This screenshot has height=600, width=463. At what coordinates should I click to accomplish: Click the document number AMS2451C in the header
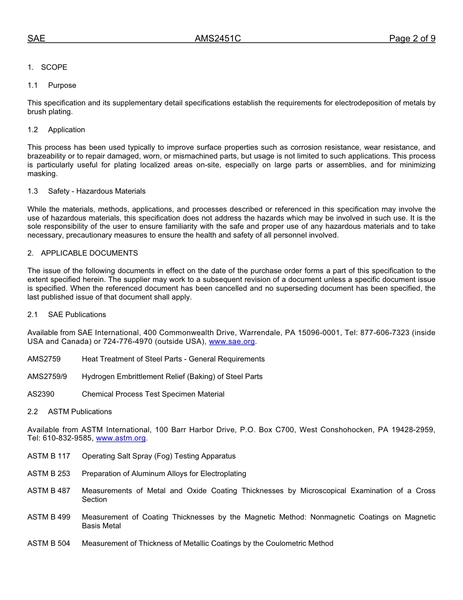point(218,39)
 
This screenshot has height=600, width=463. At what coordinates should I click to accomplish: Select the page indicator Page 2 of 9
point(412,39)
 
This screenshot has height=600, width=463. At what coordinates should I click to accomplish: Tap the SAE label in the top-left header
point(36,39)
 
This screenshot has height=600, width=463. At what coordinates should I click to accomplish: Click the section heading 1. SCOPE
point(47,67)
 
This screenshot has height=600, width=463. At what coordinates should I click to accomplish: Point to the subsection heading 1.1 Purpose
point(52,85)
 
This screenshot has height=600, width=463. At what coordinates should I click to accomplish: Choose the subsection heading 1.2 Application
point(57,130)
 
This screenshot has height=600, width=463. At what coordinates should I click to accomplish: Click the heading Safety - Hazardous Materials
point(96,191)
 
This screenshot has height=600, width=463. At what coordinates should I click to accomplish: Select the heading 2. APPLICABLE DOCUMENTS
point(83,253)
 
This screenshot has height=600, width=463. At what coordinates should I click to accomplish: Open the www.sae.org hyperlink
point(231,341)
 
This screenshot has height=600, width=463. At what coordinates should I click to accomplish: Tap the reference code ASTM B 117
point(49,456)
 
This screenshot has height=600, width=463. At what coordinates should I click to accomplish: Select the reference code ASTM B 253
point(49,474)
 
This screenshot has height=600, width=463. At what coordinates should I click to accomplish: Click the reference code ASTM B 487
point(49,491)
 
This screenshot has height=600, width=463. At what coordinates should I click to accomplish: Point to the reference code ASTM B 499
point(49,517)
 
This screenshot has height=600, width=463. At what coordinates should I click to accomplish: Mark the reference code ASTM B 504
point(49,543)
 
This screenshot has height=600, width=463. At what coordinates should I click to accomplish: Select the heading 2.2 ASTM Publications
point(70,412)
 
